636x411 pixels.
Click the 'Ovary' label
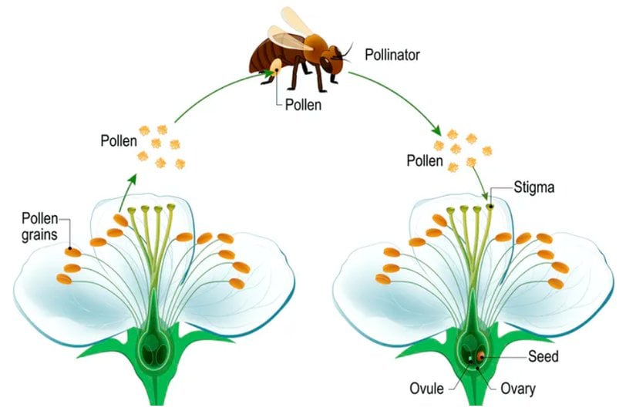(516, 387)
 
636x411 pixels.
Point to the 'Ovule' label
(426, 388)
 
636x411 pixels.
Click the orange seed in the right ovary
(480, 356)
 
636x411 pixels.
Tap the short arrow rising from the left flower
(128, 190)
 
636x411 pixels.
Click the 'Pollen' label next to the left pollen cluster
(119, 141)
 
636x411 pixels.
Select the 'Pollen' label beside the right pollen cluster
(426, 161)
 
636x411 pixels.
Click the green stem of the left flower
(158, 389)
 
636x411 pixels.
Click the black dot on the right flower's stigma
(489, 206)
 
